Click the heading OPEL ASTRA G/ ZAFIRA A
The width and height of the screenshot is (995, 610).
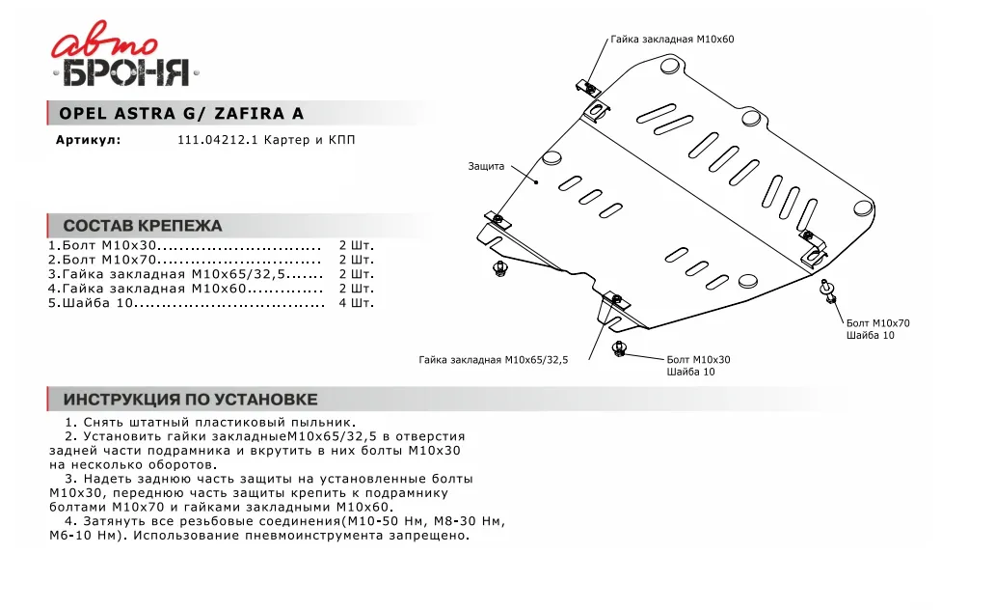point(181,114)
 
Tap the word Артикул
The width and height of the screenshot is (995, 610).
point(88,141)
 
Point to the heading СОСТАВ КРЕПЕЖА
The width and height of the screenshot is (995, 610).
point(143,226)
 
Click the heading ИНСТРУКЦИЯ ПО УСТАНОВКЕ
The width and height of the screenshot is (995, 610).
point(190,400)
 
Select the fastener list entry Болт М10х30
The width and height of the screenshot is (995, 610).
point(102,245)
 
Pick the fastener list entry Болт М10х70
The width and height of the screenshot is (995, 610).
point(102,260)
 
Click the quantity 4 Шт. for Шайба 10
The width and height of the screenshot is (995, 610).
point(356,303)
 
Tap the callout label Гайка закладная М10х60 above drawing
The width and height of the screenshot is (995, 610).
point(672,40)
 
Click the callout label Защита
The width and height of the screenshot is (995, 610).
point(486,166)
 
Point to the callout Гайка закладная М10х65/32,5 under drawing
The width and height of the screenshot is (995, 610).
point(494,360)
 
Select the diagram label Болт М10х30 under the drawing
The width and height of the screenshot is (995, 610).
point(698,359)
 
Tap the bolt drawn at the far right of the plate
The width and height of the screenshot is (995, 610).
point(828,290)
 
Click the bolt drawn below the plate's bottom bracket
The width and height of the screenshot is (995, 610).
point(620,347)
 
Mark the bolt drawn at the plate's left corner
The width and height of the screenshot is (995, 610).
point(499,266)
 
